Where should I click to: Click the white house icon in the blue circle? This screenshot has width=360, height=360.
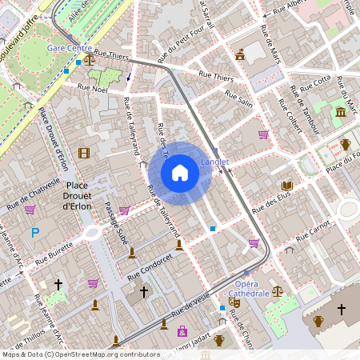(180, 173)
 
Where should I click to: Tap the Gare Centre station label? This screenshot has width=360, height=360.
(70, 48)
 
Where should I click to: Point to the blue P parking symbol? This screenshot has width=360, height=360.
(34, 233)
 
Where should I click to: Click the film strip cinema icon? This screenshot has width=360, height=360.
(84, 153)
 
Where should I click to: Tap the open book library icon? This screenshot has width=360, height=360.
(286, 186)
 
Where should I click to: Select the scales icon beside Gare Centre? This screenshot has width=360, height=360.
(89, 58)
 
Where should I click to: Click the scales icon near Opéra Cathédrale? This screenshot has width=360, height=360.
(278, 291)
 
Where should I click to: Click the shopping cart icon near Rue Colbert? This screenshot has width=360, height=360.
(263, 134)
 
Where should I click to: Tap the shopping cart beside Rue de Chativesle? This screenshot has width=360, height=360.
(30, 210)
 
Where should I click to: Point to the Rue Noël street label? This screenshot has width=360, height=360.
(94, 90)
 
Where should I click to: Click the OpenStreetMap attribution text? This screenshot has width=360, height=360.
(80, 354)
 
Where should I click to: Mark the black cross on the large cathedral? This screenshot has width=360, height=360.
(342, 309)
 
